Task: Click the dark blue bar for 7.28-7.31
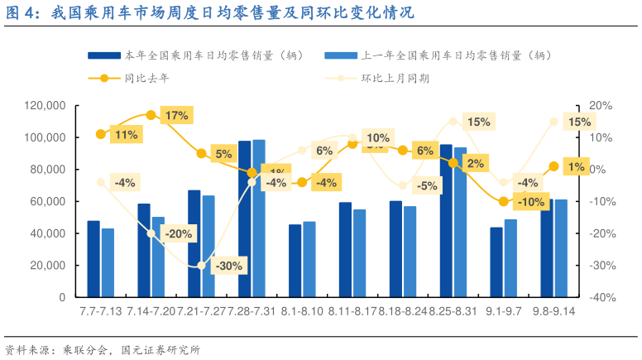(244, 219)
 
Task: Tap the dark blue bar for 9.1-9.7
(496, 262)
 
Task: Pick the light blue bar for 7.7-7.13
(108, 262)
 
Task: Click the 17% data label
(176, 116)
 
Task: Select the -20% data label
(178, 233)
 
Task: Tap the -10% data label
(529, 201)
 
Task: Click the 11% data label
(127, 135)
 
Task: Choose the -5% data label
(427, 186)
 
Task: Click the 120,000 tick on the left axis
(46, 106)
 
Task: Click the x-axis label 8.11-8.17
(352, 311)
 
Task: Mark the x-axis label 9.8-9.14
(553, 311)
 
